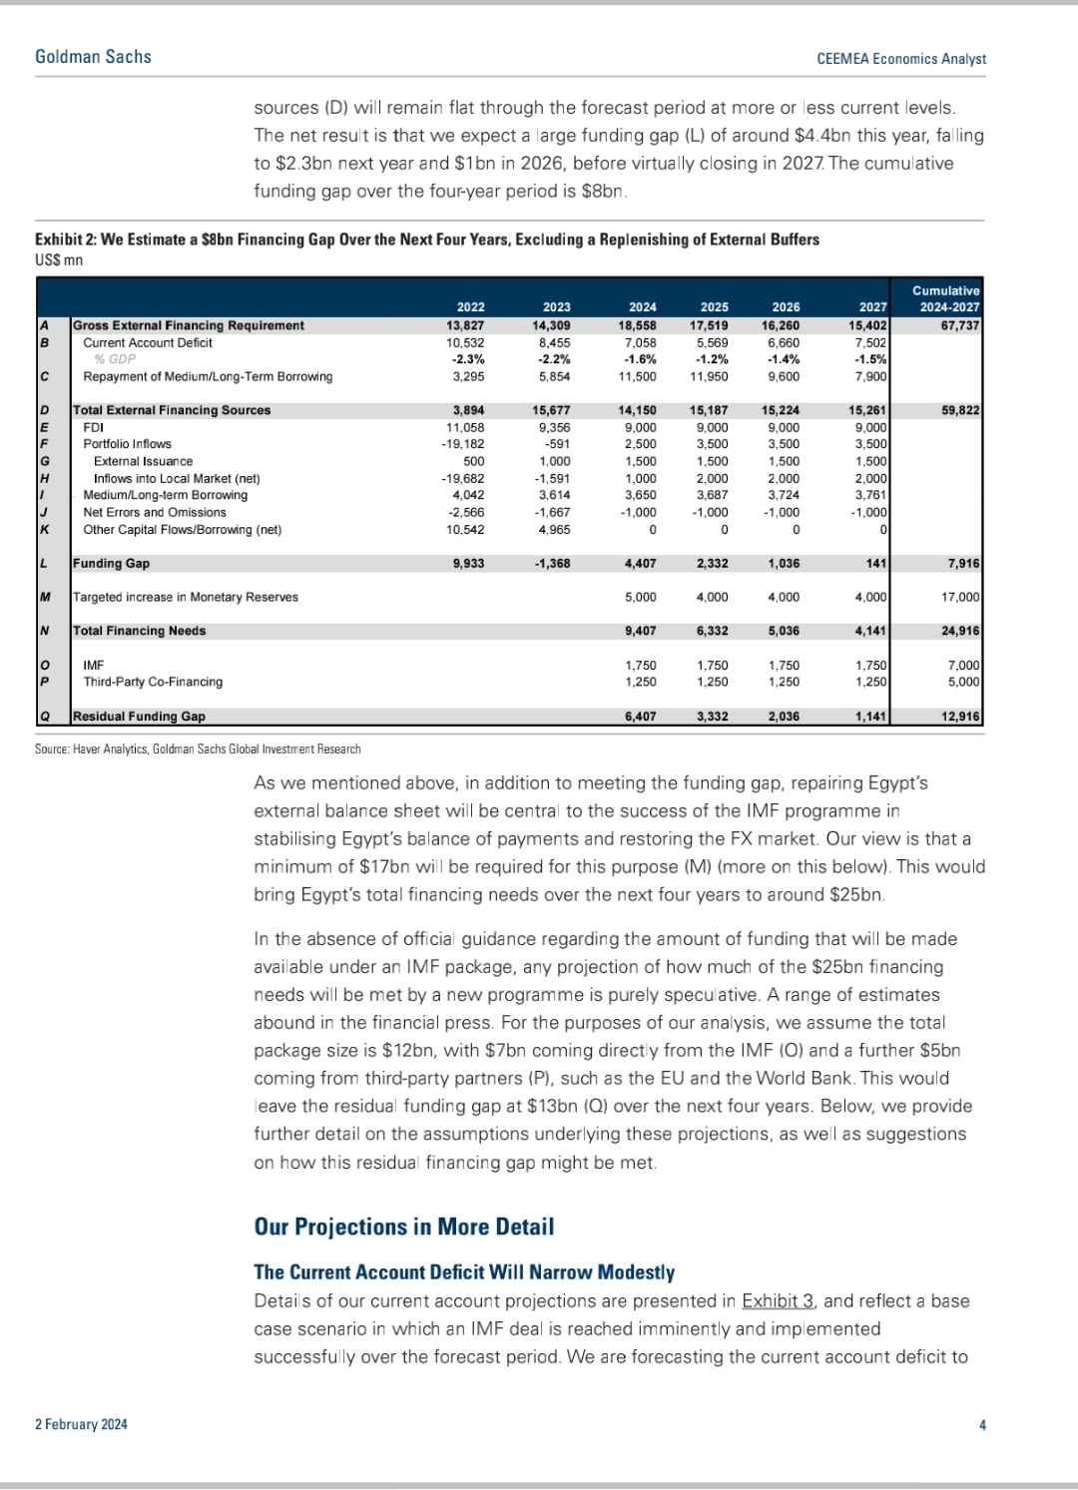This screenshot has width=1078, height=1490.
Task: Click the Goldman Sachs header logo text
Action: (x=93, y=57)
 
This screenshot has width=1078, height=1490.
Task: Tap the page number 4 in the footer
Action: (x=982, y=1424)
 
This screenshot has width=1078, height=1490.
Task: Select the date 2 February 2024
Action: (x=81, y=1424)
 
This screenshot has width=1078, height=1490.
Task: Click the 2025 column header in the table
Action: (x=714, y=307)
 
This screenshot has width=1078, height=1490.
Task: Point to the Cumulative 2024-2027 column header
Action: (x=945, y=298)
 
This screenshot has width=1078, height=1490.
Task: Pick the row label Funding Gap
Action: (x=111, y=563)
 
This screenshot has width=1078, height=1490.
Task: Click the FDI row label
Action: (x=94, y=427)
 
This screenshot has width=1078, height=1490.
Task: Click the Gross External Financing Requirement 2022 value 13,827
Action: (x=465, y=325)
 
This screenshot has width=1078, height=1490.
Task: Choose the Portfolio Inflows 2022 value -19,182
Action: (x=463, y=444)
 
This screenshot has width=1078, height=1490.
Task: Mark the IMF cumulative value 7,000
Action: (x=963, y=665)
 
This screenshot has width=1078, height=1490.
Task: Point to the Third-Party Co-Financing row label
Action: (x=153, y=682)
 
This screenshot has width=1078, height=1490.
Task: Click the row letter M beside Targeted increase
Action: (x=45, y=597)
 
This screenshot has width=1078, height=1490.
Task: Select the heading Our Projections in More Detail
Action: (x=403, y=1227)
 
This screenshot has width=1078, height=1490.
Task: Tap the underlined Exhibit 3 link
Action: (x=778, y=1300)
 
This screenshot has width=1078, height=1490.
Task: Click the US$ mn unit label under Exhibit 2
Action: (x=59, y=260)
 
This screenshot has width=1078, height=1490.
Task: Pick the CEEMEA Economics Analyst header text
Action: (x=900, y=59)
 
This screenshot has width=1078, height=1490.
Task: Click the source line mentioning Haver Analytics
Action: (x=198, y=748)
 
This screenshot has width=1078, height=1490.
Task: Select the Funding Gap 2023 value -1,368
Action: (x=551, y=563)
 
